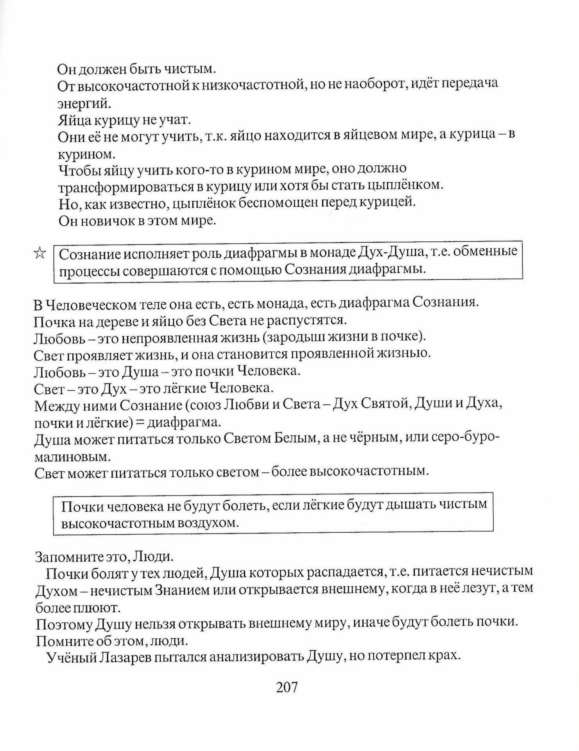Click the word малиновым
tap(70, 457)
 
